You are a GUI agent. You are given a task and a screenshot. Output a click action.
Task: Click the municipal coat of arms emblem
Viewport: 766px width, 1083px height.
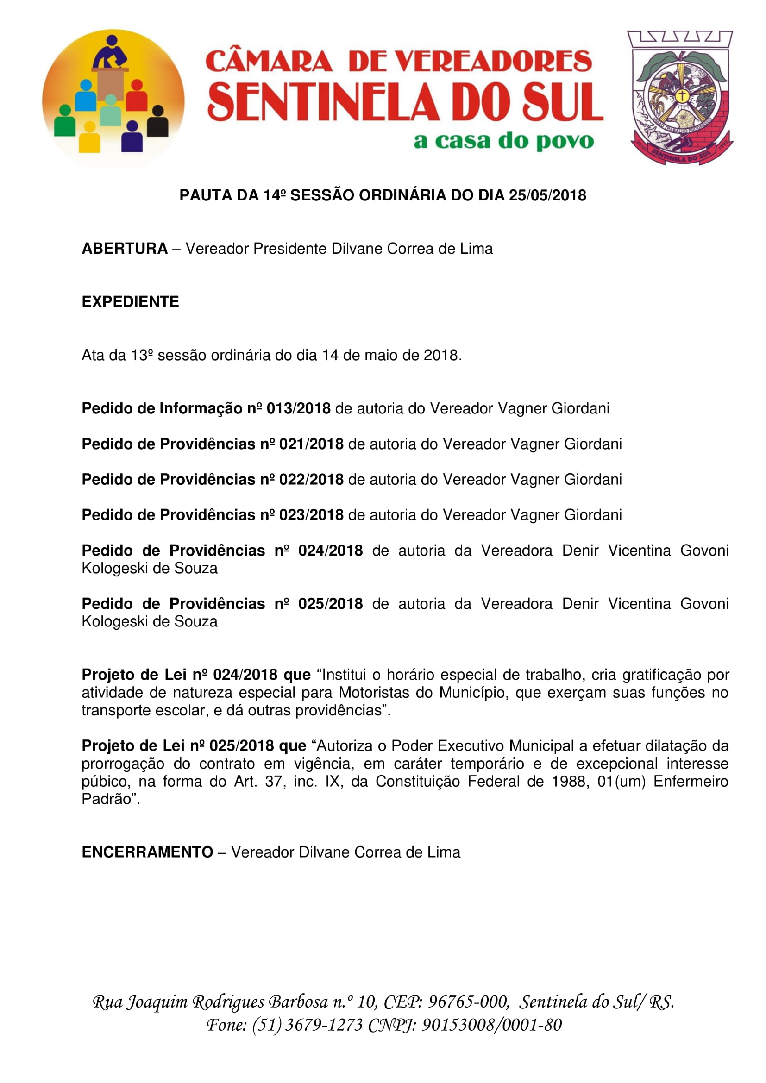tap(680, 98)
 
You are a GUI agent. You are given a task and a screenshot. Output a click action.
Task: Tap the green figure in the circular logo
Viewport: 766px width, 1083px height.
tap(65, 122)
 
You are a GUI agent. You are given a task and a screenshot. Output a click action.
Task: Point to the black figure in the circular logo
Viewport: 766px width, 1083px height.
tap(157, 122)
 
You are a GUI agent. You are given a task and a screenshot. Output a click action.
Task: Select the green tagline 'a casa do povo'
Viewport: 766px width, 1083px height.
tap(503, 141)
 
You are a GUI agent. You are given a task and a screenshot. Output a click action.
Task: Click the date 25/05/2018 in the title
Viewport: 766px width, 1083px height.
tap(547, 195)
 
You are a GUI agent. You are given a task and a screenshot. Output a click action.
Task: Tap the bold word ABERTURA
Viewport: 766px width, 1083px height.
tap(125, 249)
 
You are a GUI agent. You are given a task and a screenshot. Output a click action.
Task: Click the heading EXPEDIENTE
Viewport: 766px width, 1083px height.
tap(130, 302)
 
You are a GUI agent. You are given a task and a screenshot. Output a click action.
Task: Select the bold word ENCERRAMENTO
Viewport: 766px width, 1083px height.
tap(147, 852)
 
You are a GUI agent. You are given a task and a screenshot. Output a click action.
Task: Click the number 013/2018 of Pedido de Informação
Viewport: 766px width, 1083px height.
tap(298, 408)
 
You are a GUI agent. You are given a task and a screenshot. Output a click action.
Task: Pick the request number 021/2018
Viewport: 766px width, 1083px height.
tap(311, 444)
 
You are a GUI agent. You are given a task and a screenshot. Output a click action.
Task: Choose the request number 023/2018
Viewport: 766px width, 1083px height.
tap(311, 514)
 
